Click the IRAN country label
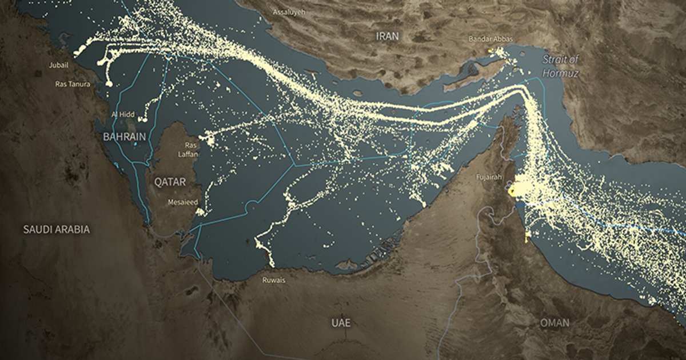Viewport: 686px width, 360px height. (387, 35)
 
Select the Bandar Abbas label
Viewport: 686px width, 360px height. (490, 39)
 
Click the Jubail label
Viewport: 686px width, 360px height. (59, 66)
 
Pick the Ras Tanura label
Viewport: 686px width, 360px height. (72, 83)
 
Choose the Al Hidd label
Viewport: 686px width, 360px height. (123, 115)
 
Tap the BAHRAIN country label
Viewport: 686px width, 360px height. (124, 137)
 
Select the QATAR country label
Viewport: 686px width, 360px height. (170, 182)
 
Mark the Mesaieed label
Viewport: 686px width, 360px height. (183, 202)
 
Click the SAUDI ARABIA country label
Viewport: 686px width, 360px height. (56, 229)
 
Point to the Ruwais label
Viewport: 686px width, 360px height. (273, 280)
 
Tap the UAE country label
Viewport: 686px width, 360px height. (341, 322)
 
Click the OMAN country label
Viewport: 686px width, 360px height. (555, 323)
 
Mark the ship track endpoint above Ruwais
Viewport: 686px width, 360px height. (272, 264)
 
